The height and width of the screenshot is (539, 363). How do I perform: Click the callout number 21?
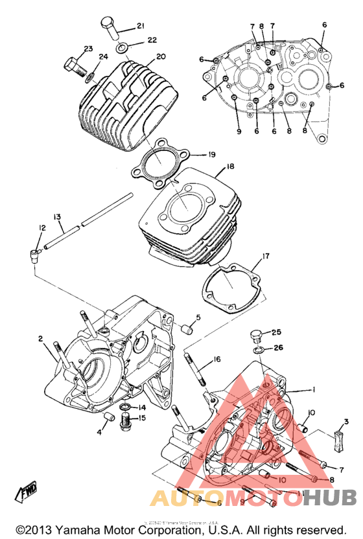point(140,27)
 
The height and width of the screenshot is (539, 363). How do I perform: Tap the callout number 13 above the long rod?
point(57,216)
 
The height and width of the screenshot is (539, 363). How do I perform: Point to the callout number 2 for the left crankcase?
point(40,338)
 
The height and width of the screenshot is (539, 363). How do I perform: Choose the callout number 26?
point(278,348)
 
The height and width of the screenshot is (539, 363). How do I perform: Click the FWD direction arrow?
point(30,494)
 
